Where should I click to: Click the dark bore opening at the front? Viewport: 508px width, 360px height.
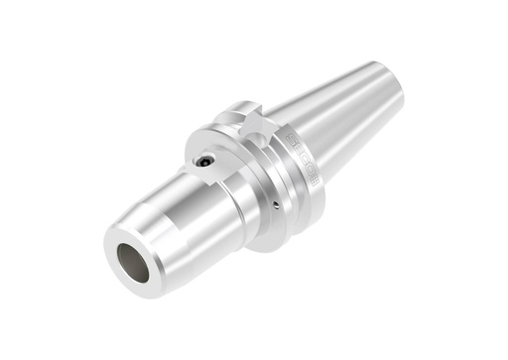coord(133,261)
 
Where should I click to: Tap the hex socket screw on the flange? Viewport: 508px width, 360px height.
coord(204,160)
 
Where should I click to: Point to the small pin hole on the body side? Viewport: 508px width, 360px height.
coord(274,206)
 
